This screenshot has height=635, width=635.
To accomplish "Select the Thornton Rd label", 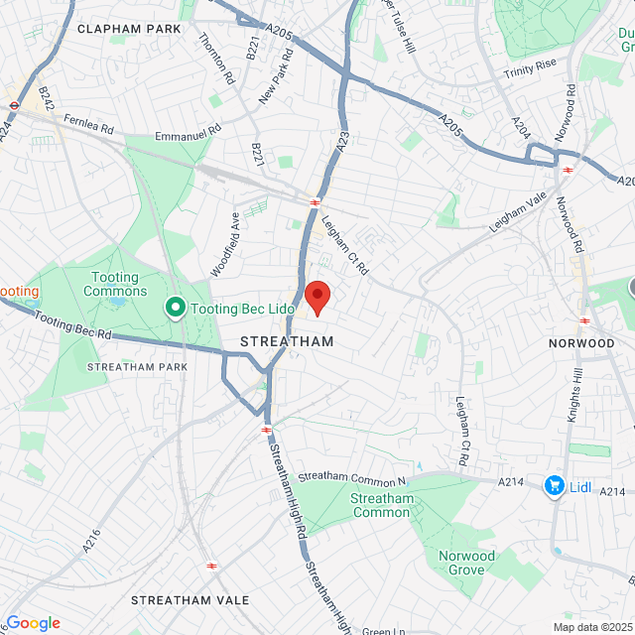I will tap(215, 62).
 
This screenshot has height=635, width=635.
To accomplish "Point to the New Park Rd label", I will tap(277, 77).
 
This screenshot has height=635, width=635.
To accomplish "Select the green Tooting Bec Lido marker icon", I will tap(176, 309).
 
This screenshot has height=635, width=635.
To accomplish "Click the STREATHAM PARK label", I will tap(137, 367).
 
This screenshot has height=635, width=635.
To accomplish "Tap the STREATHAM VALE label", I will tap(184, 600).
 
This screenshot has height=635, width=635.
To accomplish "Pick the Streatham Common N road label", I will tap(353, 477).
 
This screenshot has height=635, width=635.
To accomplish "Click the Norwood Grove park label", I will tap(466, 563).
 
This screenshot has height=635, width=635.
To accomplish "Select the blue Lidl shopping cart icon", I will tap(554, 486).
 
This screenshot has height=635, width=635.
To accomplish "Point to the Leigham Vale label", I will tap(518, 213).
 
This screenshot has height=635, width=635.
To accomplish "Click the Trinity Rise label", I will tap(531, 70).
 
